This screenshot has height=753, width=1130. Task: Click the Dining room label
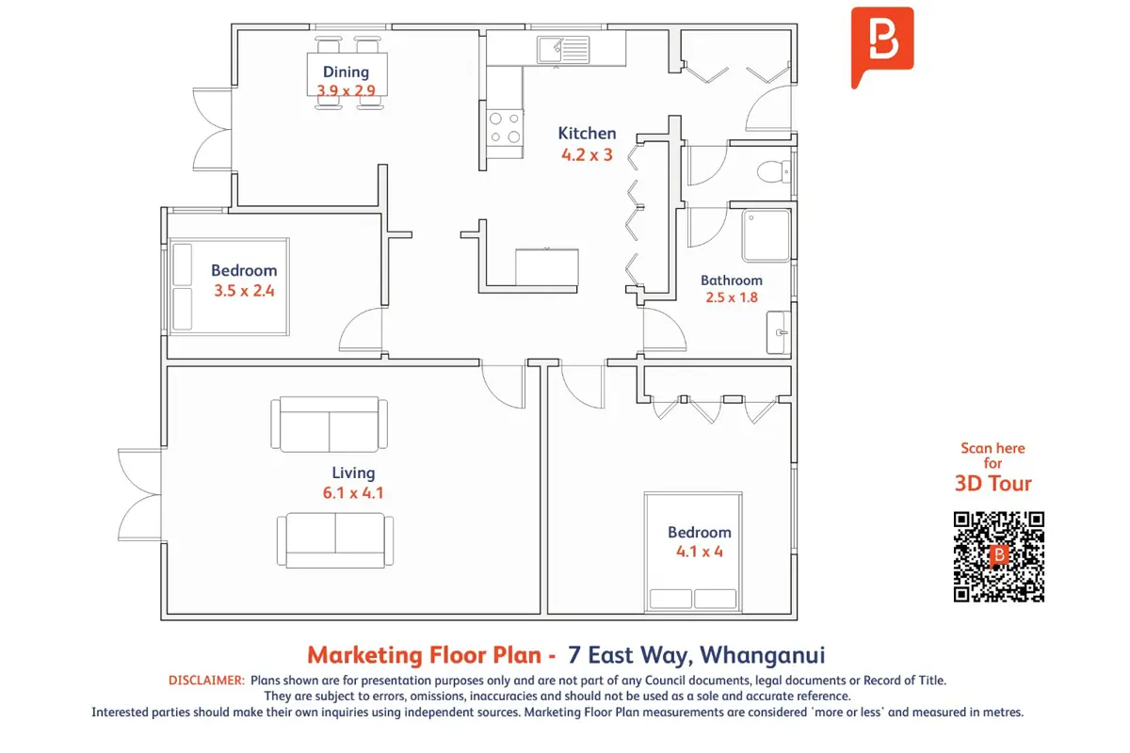coord(346,72)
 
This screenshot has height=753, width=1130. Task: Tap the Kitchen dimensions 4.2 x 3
coord(587,155)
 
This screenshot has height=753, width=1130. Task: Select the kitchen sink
coord(563,50)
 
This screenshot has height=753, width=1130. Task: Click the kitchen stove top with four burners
coord(505,127)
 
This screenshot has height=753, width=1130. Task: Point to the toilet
coord(774,171)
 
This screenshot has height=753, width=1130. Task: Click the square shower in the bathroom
coord(766,235)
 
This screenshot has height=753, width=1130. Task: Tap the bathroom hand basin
coord(778,332)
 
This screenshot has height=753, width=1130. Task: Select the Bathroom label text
coord(732,280)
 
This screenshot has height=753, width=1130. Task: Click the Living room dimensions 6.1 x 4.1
coord(353,493)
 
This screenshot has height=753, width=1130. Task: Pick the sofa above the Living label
coord(329,425)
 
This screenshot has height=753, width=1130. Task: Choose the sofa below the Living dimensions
coord(335,540)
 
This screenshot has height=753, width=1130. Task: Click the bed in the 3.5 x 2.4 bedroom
coord(230,286)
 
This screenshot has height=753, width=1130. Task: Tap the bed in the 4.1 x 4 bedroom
coord(693,552)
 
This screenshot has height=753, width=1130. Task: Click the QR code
coord(999,557)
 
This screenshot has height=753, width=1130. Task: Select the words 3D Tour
coord(993,483)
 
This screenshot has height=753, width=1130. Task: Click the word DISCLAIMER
coord(206,681)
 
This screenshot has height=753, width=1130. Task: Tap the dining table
coord(347,74)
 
